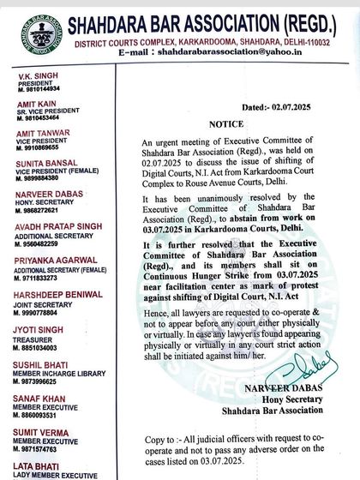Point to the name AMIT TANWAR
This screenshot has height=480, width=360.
click(39, 135)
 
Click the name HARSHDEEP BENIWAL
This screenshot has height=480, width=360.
click(54, 284)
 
